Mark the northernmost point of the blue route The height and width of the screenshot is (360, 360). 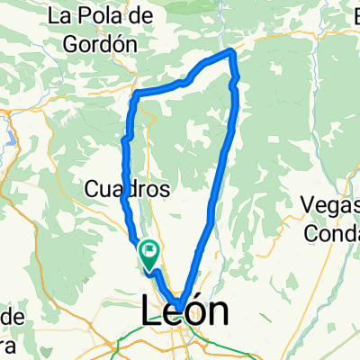pyautogui.click(x=232, y=50)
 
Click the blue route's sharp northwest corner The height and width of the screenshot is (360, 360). pyautogui.click(x=135, y=94)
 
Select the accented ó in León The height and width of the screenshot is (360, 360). pyautogui.click(x=196, y=312)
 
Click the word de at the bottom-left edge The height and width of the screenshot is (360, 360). pyautogui.click(x=11, y=317)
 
